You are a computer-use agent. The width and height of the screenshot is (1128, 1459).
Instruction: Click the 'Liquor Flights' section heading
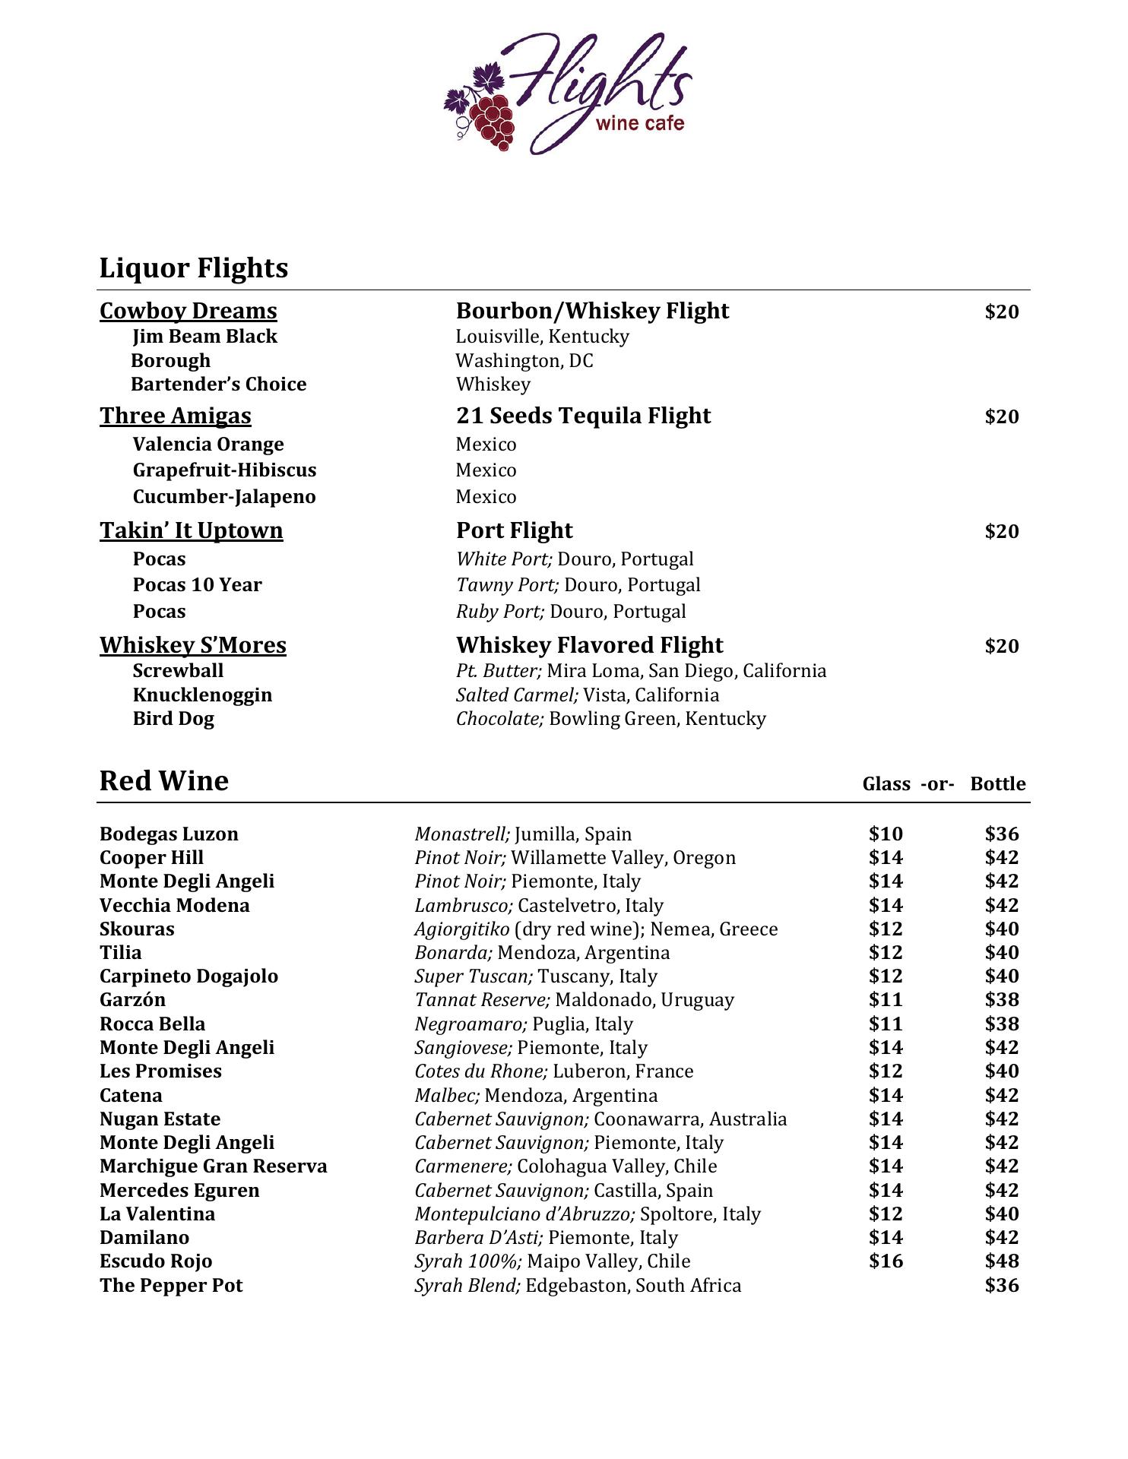pyautogui.click(x=194, y=268)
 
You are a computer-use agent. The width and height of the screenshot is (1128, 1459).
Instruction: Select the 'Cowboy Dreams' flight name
pyautogui.click(x=189, y=311)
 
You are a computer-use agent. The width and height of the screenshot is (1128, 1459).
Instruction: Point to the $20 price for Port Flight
pyautogui.click(x=1001, y=531)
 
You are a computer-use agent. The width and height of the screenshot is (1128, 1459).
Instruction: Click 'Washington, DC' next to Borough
pyautogui.click(x=524, y=360)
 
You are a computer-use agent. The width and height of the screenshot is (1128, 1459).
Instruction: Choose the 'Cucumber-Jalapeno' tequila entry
pyautogui.click(x=224, y=497)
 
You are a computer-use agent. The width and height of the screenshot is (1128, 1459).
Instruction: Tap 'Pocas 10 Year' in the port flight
pyautogui.click(x=197, y=585)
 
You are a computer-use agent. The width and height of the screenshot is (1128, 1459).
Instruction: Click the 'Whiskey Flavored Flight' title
pyautogui.click(x=589, y=645)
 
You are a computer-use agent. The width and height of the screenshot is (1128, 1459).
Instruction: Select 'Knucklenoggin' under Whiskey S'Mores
pyautogui.click(x=202, y=695)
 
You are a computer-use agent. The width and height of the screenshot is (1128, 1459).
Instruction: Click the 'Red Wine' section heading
pyautogui.click(x=164, y=781)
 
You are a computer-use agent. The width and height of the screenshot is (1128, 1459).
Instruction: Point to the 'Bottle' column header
pyautogui.click(x=997, y=784)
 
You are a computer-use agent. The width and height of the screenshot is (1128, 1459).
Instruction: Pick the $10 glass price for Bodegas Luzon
pyautogui.click(x=886, y=834)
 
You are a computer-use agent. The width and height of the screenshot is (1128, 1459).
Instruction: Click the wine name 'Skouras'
pyautogui.click(x=137, y=929)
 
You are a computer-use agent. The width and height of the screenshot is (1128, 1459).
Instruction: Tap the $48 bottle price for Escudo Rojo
pyautogui.click(x=1001, y=1261)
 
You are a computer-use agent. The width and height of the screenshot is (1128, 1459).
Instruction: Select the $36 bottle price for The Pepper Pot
pyautogui.click(x=1001, y=1286)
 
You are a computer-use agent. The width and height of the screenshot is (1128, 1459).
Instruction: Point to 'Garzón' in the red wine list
pyautogui.click(x=132, y=1000)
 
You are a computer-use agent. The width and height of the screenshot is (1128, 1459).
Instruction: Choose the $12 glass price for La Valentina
pyautogui.click(x=886, y=1214)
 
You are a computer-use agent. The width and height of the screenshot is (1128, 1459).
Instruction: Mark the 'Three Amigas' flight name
pyautogui.click(x=176, y=416)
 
